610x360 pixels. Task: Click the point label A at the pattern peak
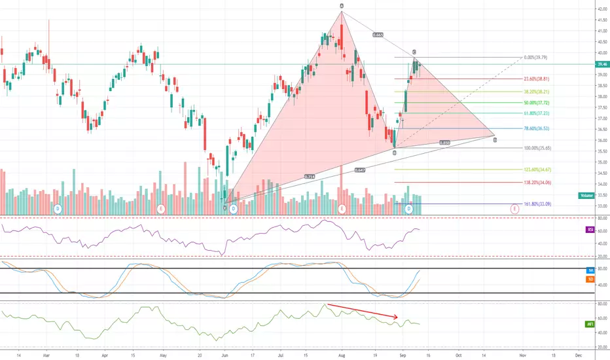coord(342,6)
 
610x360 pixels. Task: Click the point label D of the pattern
coord(495,139)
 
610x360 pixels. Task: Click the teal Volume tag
coord(586,196)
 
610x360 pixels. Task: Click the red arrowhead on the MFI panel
coord(397,319)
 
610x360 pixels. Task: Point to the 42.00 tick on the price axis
coord(600,9)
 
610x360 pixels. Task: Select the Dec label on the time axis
coord(577,354)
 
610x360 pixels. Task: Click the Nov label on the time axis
coord(522,354)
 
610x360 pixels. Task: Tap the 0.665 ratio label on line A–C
coord(378,34)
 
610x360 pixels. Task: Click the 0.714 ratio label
coord(309,177)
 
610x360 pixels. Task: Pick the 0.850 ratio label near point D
coord(444,143)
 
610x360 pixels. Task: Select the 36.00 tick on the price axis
coord(600,141)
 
